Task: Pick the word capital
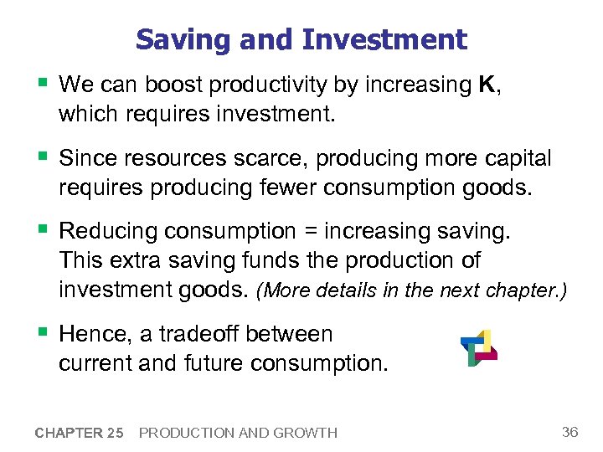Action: [513, 158]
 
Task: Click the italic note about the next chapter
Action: [411, 291]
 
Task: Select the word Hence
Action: [96, 334]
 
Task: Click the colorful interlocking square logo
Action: [478, 347]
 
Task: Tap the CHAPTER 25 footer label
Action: [80, 433]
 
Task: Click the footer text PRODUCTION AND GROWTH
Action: [238, 433]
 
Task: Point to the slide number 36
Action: [570, 432]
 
